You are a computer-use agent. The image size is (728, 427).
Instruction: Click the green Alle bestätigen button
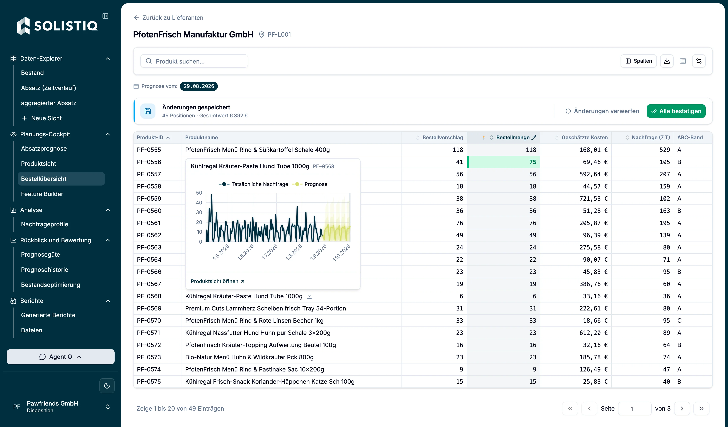point(676,111)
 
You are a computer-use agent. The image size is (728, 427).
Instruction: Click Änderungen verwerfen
point(602,111)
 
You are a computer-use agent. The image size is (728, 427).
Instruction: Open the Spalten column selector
point(638,61)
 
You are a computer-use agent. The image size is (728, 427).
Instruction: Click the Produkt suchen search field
point(194,61)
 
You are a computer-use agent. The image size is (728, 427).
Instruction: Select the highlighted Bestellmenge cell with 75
point(503,162)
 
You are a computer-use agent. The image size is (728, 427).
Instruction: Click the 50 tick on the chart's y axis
point(199,193)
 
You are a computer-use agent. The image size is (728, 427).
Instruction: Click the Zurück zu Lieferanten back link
point(169,18)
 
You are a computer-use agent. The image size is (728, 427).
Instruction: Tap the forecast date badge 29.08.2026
point(199,86)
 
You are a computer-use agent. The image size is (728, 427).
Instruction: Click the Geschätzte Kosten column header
point(584,138)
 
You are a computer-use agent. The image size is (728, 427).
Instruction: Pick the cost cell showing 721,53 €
point(593,199)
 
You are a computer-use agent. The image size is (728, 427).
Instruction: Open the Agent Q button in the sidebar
point(61,357)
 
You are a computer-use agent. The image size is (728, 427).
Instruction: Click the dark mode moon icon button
point(107,386)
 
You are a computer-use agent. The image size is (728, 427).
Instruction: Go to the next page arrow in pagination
point(682,408)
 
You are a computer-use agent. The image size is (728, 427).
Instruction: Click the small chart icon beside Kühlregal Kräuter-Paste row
point(309,296)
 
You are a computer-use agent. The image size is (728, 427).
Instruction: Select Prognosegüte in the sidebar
point(40,255)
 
